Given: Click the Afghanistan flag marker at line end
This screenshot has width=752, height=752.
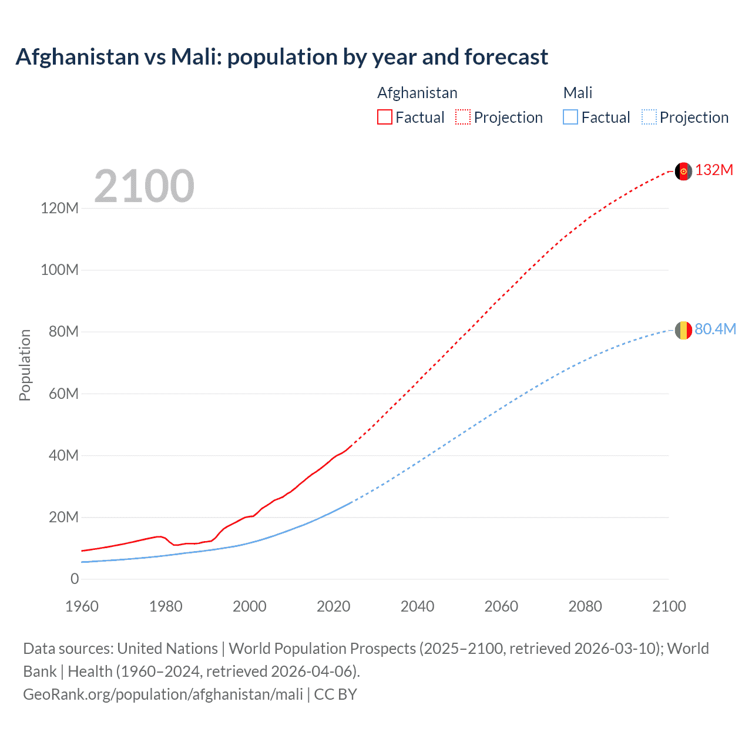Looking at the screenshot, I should coord(683,171).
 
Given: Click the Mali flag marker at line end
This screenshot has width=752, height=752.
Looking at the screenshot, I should coord(683,330).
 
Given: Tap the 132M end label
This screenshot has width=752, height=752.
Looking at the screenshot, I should coord(714,170).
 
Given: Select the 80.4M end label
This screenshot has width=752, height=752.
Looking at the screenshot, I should coord(715,330).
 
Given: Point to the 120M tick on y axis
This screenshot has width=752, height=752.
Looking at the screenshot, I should coord(59,208).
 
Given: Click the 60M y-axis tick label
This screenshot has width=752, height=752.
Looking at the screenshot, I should coord(63,394).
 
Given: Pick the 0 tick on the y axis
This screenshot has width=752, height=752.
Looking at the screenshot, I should coord(75,579).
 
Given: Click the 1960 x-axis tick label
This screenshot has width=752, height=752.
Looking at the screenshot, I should coord(82,606).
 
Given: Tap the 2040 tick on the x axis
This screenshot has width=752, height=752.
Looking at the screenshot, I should coord(417,606).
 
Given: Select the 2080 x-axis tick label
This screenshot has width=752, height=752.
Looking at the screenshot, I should coord(585,606).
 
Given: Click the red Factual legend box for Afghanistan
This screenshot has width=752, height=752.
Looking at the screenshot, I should coord(385,117).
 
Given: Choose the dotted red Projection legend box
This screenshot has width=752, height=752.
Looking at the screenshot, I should coord(463,117).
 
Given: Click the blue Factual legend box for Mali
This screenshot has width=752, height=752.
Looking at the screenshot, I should coord(570,117).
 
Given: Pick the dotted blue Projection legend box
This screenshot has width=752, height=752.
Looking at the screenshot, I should coord(649,117).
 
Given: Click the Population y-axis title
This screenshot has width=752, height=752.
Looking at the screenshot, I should coord(25,365).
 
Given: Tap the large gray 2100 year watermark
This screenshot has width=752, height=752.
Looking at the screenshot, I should coord(144,186).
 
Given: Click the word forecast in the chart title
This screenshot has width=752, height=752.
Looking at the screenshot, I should coord(506,57).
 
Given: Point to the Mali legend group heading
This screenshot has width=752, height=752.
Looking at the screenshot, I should coord(578,93).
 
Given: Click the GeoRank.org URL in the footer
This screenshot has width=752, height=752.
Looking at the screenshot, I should coord(163,694).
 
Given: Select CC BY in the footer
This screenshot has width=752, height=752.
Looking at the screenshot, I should coord(335,694).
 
